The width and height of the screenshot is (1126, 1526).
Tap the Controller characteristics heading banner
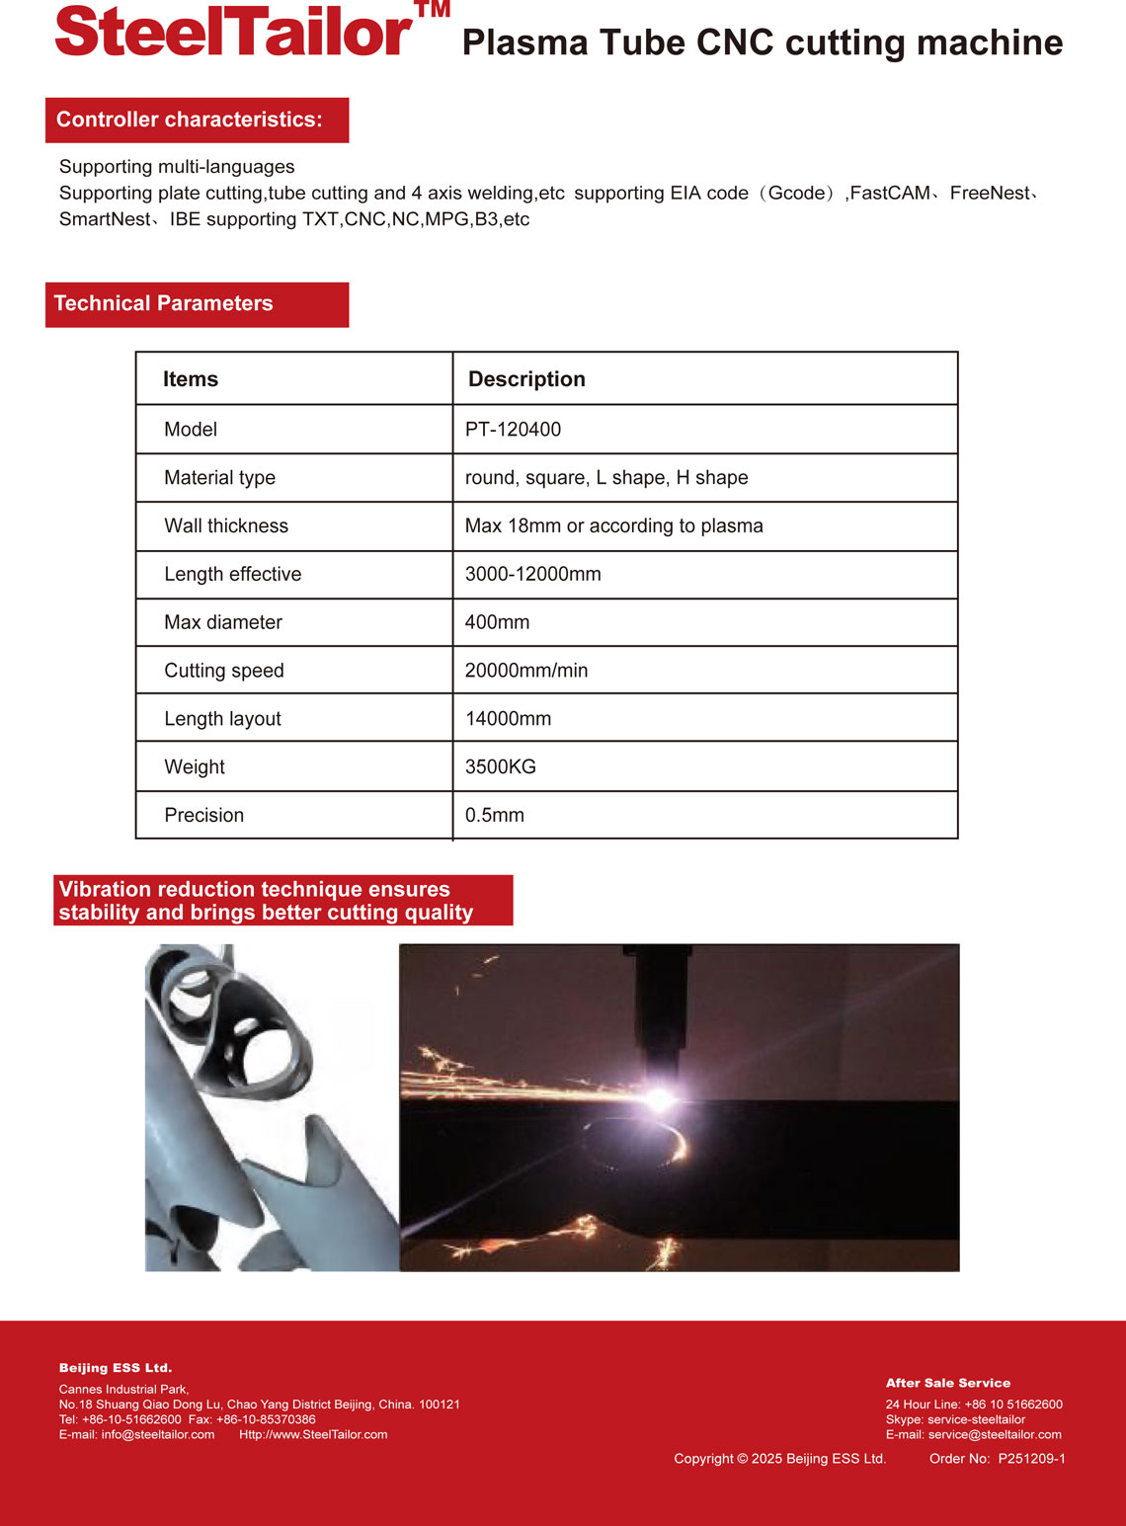(197, 120)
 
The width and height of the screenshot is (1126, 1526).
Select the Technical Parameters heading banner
(197, 304)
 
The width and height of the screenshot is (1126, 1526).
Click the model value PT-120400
(513, 430)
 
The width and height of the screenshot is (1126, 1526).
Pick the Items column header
(191, 379)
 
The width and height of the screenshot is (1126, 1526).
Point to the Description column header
(526, 379)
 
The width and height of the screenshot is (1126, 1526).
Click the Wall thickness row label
(226, 526)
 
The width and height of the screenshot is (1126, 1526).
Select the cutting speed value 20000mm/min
(526, 671)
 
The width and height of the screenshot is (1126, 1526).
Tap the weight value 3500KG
(501, 767)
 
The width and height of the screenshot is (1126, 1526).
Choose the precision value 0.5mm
(495, 816)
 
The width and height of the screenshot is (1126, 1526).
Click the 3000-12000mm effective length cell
(533, 575)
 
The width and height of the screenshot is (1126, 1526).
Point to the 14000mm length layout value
(509, 719)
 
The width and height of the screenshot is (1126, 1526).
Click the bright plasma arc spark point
(658, 1097)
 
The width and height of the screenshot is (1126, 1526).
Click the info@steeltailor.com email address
(157, 1434)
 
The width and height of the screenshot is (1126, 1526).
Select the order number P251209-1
(1031, 1459)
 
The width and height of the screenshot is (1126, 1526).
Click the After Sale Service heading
(948, 1383)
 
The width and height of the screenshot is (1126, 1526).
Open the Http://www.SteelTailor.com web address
(313, 1434)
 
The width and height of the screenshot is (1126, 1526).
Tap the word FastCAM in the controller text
(890, 194)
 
